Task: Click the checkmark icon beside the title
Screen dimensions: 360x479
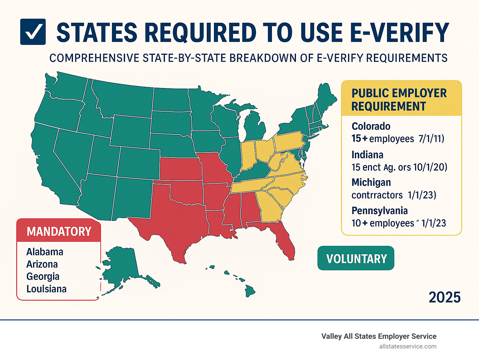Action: [x=33, y=32]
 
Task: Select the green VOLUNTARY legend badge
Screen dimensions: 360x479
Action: [x=356, y=258]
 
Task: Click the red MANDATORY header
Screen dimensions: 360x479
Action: [x=59, y=231]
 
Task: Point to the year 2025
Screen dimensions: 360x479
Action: [x=444, y=297]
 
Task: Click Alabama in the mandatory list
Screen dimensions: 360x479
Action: [x=45, y=252]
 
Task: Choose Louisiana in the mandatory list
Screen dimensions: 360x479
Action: [x=46, y=289]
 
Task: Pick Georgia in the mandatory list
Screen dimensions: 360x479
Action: [x=43, y=276]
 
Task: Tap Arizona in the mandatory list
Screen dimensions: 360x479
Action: [x=42, y=264]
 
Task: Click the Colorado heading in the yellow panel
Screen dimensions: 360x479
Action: [x=371, y=126]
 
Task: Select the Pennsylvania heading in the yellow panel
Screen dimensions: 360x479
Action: [x=380, y=211]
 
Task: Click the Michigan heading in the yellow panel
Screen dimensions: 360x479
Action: [x=371, y=182]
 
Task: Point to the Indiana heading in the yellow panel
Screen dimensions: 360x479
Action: [x=367, y=155]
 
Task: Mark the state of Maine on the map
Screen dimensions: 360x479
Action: [x=326, y=97]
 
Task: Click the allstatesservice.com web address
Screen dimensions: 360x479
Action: [x=408, y=346]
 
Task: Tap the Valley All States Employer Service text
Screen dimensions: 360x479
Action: [x=379, y=336]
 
